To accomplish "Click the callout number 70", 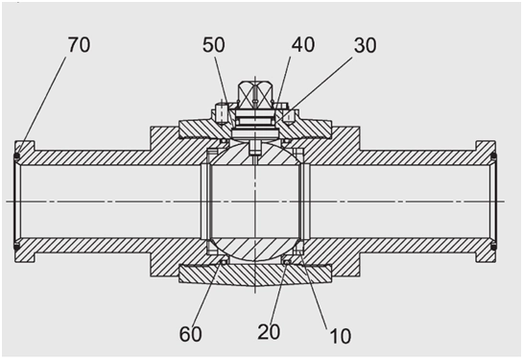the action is click(x=79, y=45).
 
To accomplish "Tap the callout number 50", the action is click(x=213, y=45).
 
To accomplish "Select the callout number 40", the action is click(x=303, y=44).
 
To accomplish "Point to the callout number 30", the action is click(x=366, y=45).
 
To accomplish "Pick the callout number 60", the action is click(x=190, y=334).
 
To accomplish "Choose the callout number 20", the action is click(x=269, y=331).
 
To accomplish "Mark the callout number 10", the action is click(x=341, y=336).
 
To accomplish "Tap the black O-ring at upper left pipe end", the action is click(x=16, y=156).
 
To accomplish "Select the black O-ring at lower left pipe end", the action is click(x=16, y=247).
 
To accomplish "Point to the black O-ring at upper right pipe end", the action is click(x=494, y=156).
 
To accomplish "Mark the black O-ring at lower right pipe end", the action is click(x=494, y=247).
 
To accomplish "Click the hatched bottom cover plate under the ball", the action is click(x=255, y=275).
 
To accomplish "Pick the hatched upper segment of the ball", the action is click(x=255, y=155).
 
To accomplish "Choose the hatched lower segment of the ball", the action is click(x=255, y=250).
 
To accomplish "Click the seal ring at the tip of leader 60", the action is click(x=224, y=262).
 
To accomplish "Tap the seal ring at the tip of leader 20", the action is click(x=286, y=262).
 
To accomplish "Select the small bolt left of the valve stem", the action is click(x=222, y=112).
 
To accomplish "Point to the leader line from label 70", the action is click(x=41, y=106).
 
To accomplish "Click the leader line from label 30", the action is click(x=315, y=85).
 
